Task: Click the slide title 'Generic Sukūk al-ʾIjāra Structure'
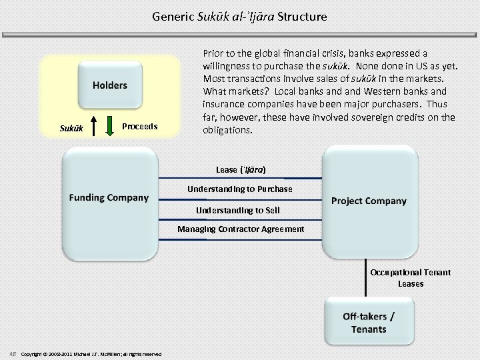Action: pos(239,16)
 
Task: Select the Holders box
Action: pos(109,85)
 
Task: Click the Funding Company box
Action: pos(109,198)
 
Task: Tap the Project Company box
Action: pos(369,201)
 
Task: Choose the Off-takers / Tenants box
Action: pos(369,323)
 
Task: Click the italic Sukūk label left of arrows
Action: pos(72,127)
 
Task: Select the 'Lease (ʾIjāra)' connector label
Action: pos(241,170)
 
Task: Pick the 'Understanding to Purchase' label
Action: pos(239,189)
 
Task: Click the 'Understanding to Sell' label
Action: pos(237,210)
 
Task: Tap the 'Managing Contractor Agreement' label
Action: pos(240,229)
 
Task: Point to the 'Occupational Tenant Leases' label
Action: pos(410,278)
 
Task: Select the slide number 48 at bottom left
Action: pos(13,353)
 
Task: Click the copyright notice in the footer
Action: pos(91,353)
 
